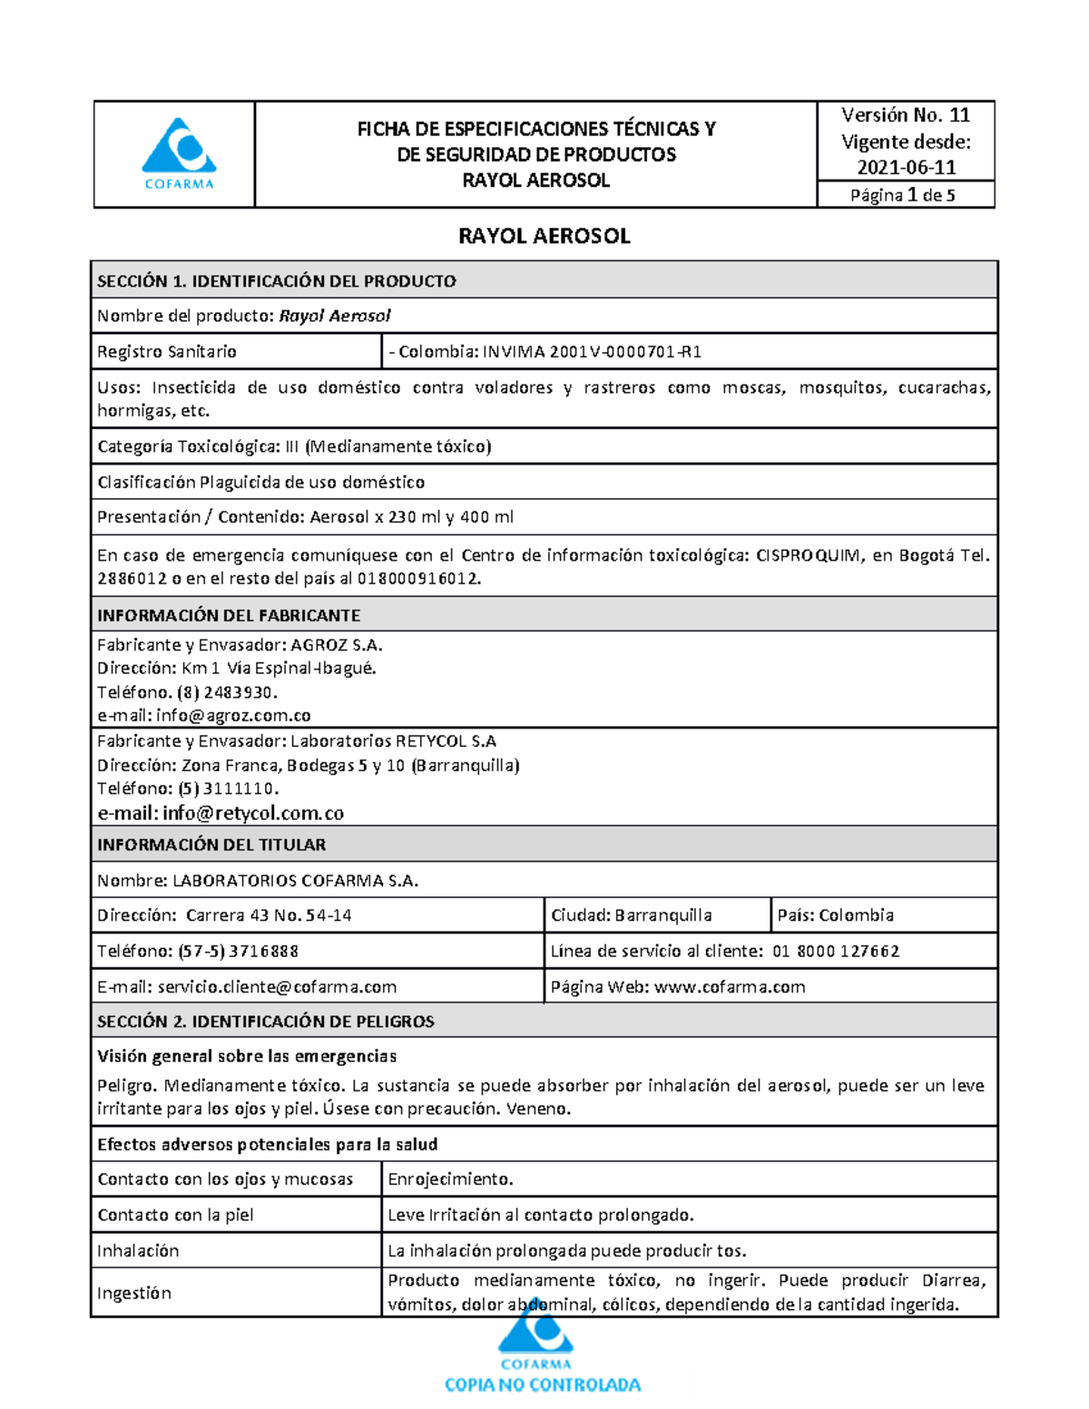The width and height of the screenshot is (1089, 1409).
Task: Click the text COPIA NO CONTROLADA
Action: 542,1385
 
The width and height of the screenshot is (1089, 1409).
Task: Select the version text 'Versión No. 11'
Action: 905,115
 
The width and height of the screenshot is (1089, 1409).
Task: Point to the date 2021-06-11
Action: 906,167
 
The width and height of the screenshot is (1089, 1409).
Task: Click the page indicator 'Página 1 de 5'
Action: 902,195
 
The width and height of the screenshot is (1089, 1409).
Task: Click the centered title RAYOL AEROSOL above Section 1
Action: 544,236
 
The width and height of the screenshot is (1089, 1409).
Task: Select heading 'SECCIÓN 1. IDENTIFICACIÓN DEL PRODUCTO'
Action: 277,281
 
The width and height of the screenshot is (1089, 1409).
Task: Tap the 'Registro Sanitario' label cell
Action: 167,352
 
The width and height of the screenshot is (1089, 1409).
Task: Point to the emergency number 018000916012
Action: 417,579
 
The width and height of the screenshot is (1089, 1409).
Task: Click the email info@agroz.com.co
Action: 233,716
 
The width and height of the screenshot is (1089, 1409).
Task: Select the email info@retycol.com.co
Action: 253,813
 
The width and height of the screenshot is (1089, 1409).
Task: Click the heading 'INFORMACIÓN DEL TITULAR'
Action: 211,845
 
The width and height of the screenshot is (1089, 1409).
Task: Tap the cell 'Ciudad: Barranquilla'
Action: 632,915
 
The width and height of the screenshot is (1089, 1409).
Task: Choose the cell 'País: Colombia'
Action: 835,915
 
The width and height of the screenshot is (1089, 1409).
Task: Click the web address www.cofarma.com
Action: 729,987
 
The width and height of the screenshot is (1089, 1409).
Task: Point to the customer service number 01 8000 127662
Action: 836,951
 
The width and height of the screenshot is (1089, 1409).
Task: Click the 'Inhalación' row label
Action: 138,1251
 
